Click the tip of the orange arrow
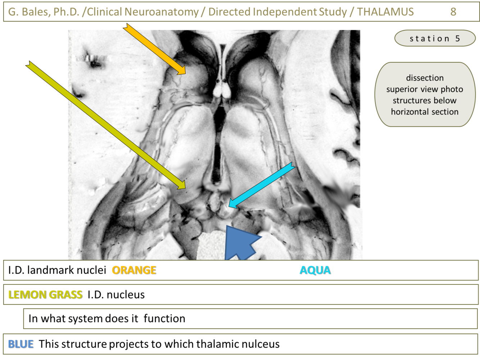coord(185,73)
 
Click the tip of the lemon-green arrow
coord(185,188)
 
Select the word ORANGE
coord(134,270)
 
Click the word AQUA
coord(315,270)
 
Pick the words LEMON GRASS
coord(45,294)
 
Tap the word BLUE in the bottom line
coord(21,344)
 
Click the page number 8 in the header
coord(453,12)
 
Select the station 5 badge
coord(435,39)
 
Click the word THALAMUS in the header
coord(385,12)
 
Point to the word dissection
coord(425,78)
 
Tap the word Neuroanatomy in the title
coord(161,12)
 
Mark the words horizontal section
coord(425,112)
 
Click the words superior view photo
coord(425,89)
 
